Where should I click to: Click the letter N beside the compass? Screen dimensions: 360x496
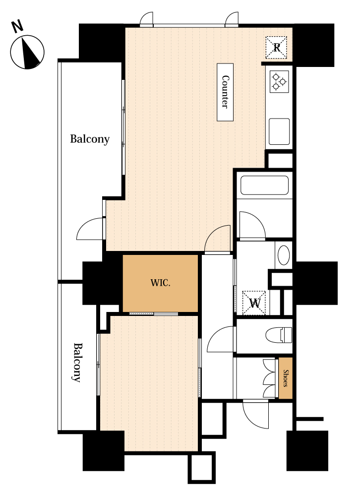point(17,26)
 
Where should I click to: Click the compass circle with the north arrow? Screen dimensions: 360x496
point(27,52)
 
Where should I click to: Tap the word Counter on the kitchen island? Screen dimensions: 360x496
point(225,92)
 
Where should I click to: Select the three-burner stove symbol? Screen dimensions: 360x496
point(279,82)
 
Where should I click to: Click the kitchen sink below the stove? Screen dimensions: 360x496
point(279,131)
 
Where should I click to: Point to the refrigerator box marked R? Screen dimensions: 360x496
point(276,48)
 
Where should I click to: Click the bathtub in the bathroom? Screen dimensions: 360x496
point(264,185)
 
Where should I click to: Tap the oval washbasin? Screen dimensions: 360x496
point(284,255)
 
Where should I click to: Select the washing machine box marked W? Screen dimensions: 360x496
point(254,303)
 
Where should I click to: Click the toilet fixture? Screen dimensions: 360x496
point(279,335)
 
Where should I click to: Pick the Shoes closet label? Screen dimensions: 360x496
point(285,378)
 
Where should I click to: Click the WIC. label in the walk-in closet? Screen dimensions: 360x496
point(160,283)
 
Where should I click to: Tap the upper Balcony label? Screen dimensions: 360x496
point(90,139)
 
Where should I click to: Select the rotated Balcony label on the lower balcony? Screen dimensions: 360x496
point(77,363)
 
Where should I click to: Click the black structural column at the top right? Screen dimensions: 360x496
point(313,45)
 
